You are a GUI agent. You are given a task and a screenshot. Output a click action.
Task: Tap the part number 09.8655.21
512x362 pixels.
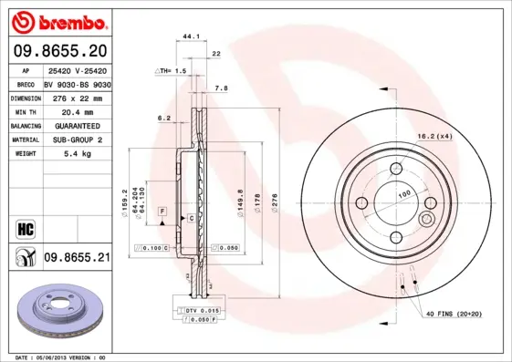coord(77,259)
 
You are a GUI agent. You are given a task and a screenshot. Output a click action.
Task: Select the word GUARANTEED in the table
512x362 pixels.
coord(76,125)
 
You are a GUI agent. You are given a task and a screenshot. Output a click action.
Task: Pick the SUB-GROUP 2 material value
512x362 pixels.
coord(76,140)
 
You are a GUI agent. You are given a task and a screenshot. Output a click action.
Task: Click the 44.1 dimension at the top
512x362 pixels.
coord(192,36)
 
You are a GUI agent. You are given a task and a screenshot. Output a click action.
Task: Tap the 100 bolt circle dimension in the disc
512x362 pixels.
coord(403,193)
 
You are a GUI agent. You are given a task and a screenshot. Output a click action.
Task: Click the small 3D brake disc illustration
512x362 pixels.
coord(57,312)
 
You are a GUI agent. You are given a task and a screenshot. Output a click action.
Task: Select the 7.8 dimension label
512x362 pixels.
coord(220,88)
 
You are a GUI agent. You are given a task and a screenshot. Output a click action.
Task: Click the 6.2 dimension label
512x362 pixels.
coord(164,118)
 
